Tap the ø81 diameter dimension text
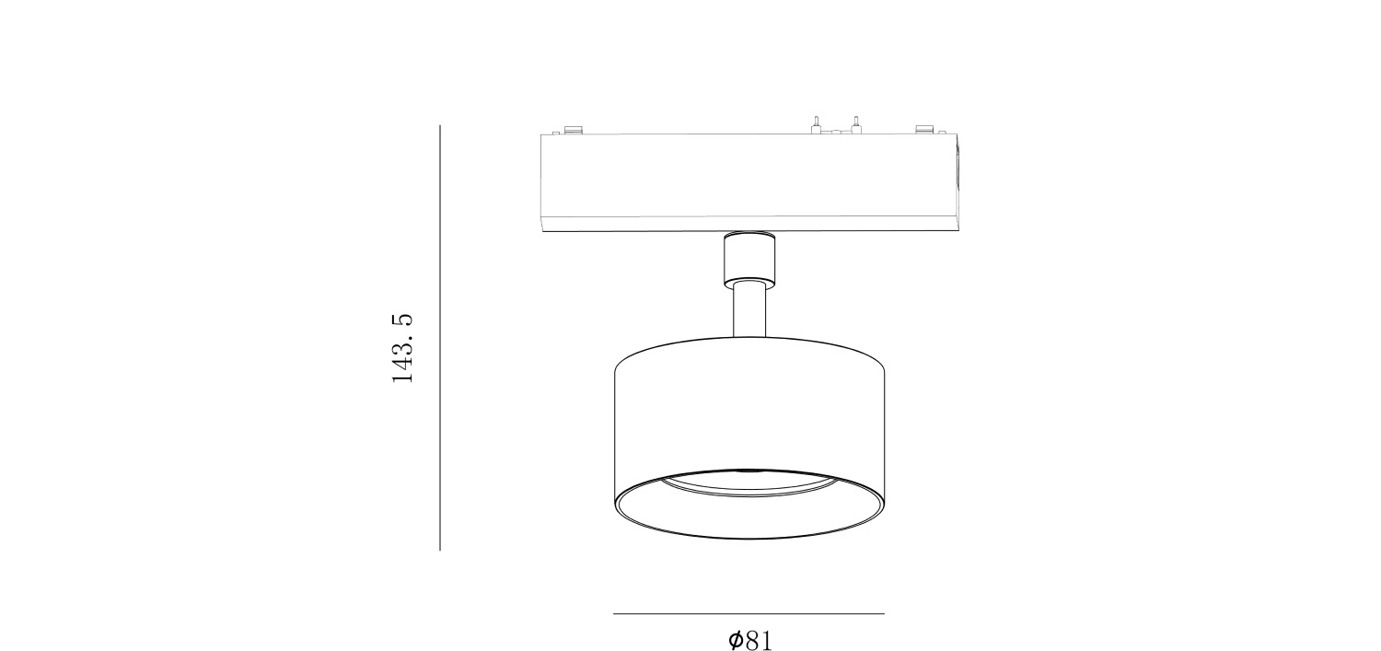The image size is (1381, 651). pyautogui.click(x=749, y=641)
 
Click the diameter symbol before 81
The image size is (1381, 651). pyautogui.click(x=735, y=641)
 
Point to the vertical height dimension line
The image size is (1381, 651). pyautogui.click(x=439, y=338)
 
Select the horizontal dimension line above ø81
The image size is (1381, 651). pyautogui.click(x=749, y=613)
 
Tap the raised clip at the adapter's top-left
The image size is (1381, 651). pyautogui.click(x=574, y=130)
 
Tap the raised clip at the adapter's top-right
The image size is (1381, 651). pyautogui.click(x=924, y=129)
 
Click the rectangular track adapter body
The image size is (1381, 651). pyautogui.click(x=749, y=175)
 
